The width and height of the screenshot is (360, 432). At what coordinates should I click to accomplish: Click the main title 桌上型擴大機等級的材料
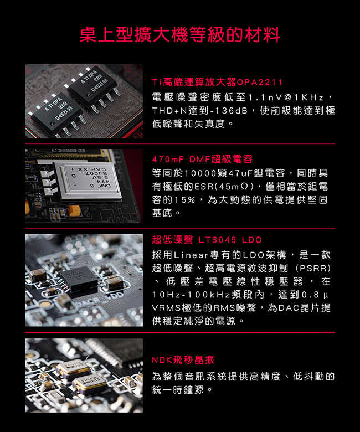[x=180, y=35]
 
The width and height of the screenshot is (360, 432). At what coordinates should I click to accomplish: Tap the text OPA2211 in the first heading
[x=260, y=82]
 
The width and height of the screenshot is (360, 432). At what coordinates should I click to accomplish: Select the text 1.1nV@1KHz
[x=286, y=97]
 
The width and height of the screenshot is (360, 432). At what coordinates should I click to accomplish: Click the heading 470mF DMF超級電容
[x=202, y=159]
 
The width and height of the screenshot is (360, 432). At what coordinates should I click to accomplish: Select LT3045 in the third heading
[x=217, y=240]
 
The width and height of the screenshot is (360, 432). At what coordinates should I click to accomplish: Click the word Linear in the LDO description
[x=191, y=255]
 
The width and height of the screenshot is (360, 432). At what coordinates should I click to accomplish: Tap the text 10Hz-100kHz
[x=191, y=295]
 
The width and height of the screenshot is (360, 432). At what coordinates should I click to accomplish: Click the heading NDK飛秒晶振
[x=183, y=360]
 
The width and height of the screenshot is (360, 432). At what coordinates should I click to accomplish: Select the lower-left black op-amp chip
[x=57, y=116]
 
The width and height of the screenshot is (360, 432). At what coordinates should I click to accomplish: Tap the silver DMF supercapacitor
[x=88, y=180]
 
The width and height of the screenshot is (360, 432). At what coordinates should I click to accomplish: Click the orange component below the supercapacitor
[x=74, y=211]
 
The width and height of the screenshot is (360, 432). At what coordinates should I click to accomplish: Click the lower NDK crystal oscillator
[x=90, y=383]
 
